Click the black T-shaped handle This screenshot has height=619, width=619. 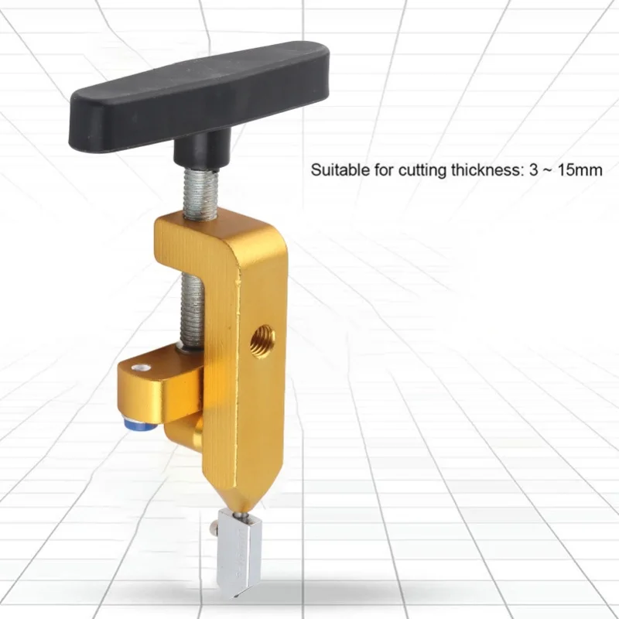[x=200, y=99]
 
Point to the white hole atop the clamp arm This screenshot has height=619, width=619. [x=141, y=368]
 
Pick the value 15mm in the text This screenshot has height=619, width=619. [x=580, y=170]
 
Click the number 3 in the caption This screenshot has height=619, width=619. [x=534, y=170]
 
